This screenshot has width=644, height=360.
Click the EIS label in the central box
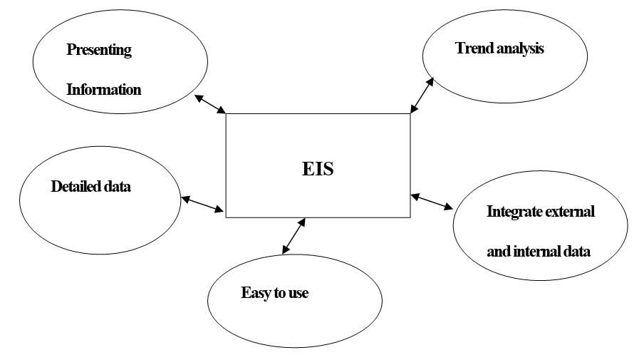[x=317, y=170]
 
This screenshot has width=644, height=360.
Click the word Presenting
[x=99, y=51]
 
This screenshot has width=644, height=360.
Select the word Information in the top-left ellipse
[x=104, y=90]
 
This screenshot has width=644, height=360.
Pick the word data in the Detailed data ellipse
[x=118, y=187]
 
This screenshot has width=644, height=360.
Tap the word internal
[x=534, y=252]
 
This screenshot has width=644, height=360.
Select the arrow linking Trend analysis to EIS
[x=422, y=95]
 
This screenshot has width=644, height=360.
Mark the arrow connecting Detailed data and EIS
[x=203, y=205]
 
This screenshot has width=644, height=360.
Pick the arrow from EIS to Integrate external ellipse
[x=432, y=201]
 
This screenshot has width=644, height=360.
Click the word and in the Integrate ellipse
[x=499, y=252]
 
